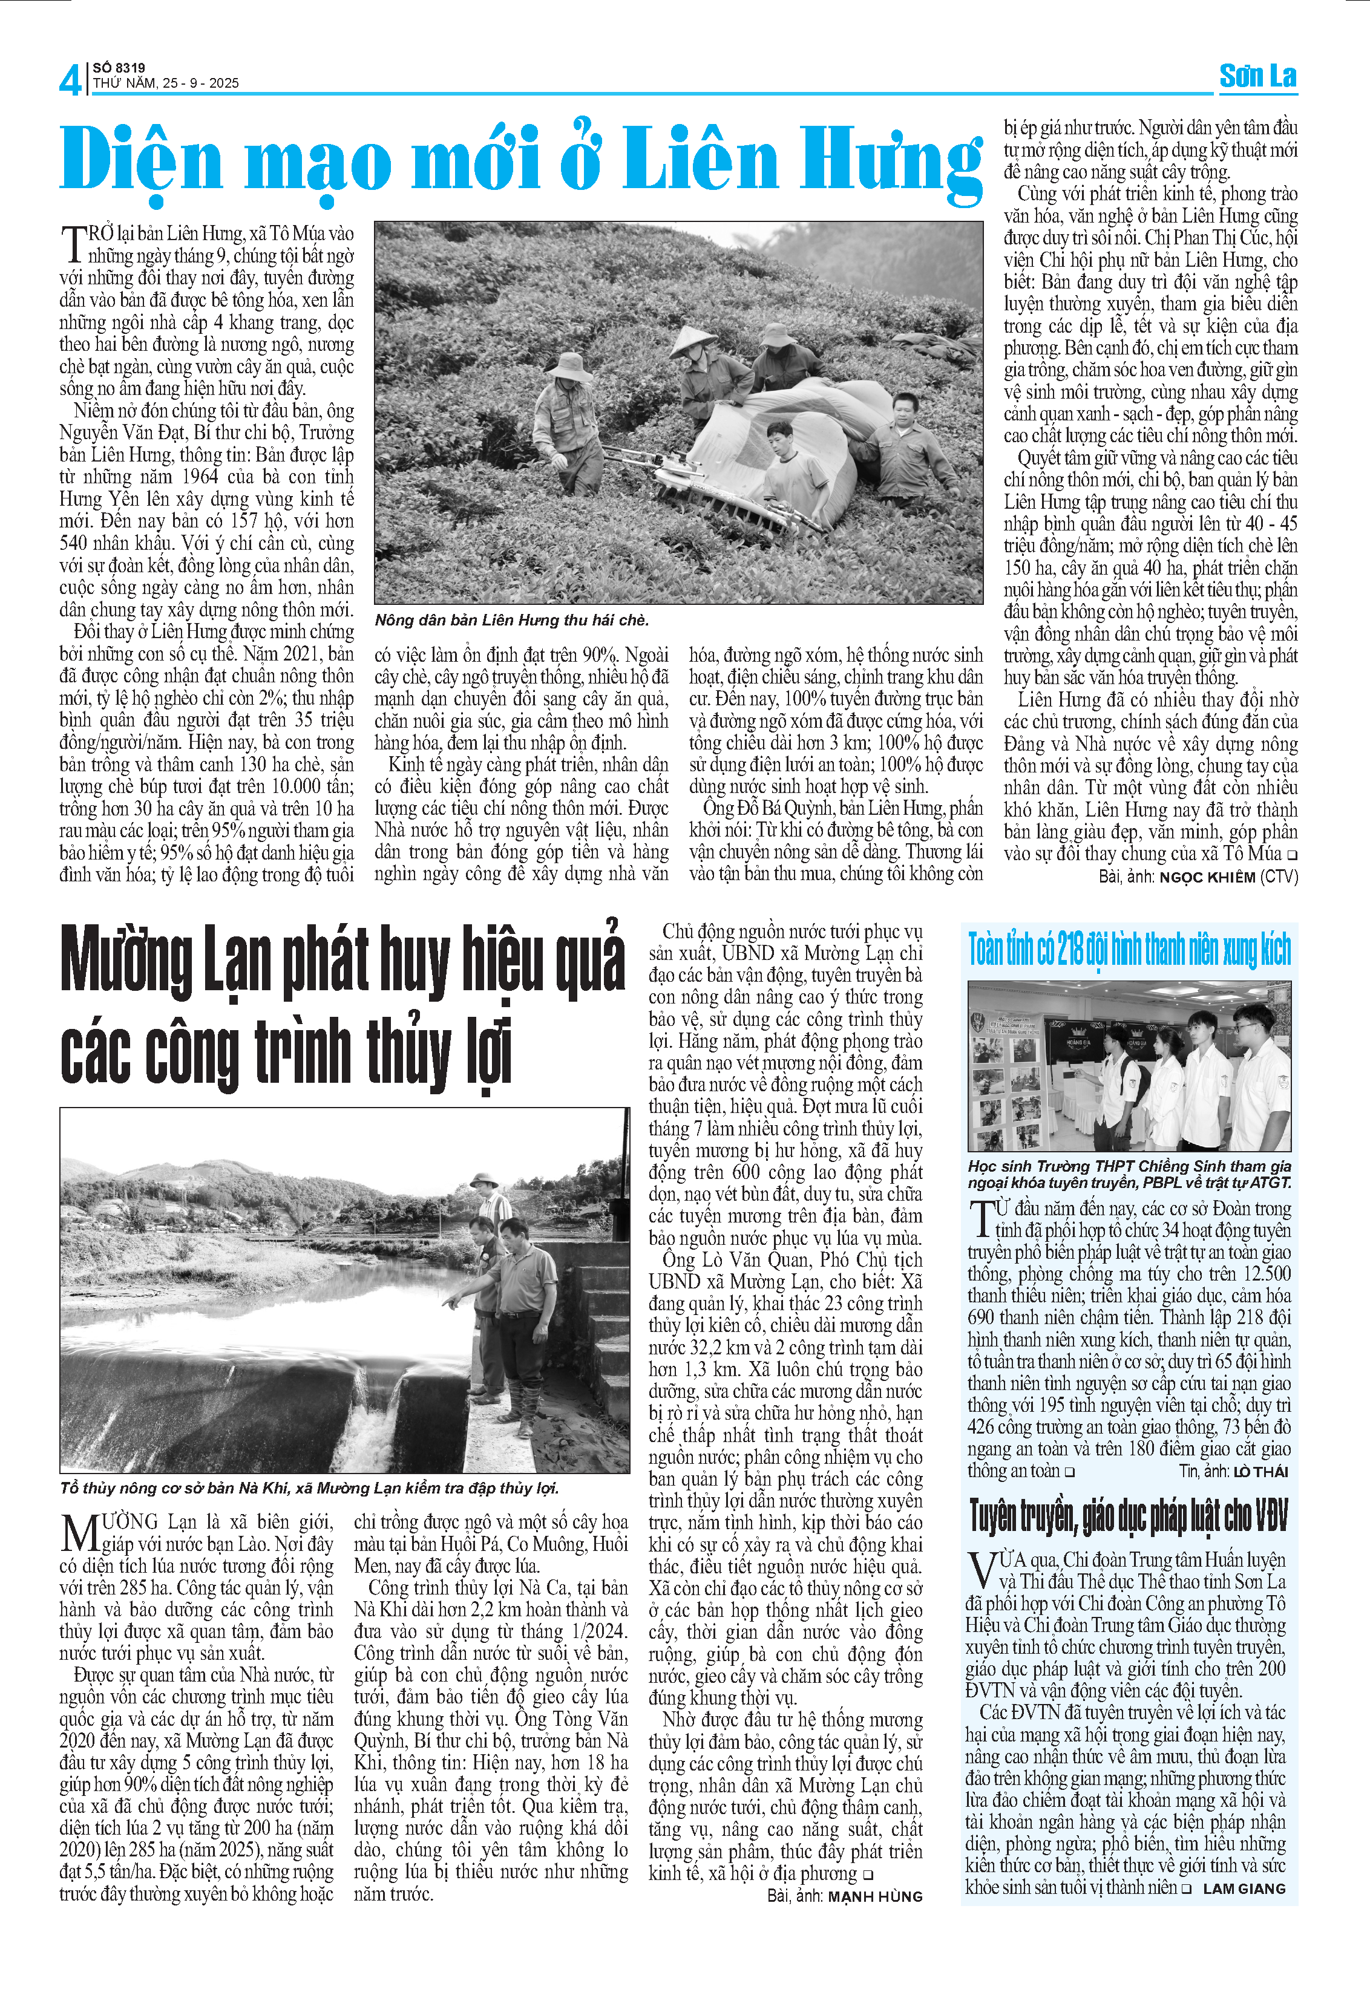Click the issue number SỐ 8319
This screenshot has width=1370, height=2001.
click(119, 67)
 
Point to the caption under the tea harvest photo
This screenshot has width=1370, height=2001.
click(511, 620)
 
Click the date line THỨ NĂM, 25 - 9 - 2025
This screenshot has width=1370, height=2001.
click(165, 83)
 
